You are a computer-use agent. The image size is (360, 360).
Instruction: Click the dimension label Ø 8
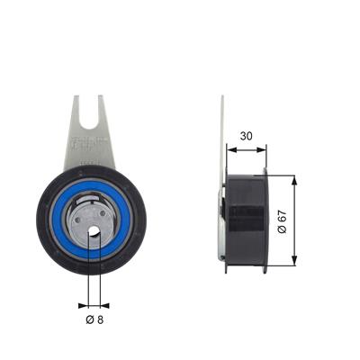pos(94,319)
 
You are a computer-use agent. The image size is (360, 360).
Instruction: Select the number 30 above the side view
pos(246,136)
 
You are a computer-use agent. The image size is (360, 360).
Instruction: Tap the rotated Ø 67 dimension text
pos(283,222)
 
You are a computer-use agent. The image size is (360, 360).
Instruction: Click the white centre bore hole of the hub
pos(94,230)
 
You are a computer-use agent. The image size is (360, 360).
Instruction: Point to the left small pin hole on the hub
pos(78,220)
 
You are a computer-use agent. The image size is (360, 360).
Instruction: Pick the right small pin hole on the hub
pos(103,213)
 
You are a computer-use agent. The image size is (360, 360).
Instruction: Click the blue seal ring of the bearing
pos(91,220)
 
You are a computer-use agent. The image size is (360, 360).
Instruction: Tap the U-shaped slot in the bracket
pos(89,115)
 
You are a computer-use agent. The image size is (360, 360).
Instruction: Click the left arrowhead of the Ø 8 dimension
pos(84,306)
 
